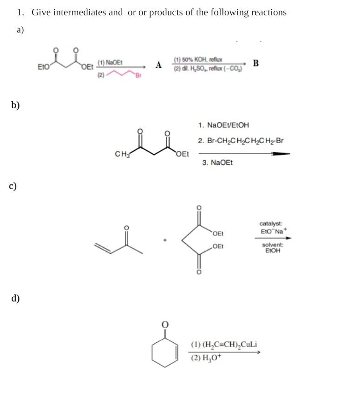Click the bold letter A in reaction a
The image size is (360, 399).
[x=159, y=65]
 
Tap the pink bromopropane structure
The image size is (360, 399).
[x=123, y=74]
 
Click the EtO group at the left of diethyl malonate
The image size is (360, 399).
[x=44, y=67]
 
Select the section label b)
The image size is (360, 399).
[x=16, y=105]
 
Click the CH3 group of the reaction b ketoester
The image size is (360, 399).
[x=121, y=154]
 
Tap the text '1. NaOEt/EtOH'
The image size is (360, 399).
[x=223, y=125]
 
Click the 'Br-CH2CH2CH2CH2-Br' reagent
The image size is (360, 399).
[x=240, y=141]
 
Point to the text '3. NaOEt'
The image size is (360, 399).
[x=217, y=163]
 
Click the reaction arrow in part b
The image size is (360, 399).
[x=244, y=153]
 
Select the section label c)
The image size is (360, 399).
[x=13, y=186]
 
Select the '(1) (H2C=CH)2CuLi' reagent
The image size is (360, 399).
[x=224, y=345]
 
